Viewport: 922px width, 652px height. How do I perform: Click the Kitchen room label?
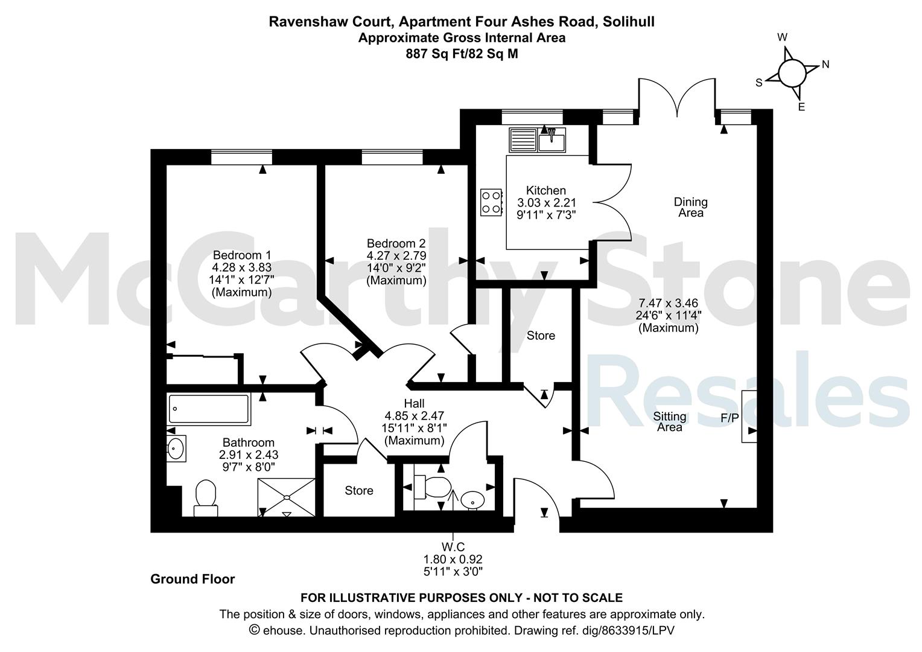(546, 190)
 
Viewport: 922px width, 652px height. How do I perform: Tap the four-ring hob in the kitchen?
(491, 202)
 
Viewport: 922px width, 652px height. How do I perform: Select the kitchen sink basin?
(552, 141)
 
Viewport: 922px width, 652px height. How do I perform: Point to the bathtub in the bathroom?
(209, 409)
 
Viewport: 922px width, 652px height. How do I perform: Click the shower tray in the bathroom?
(287, 497)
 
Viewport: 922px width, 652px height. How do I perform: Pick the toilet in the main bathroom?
(206, 498)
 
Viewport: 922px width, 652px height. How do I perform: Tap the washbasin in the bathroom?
(176, 448)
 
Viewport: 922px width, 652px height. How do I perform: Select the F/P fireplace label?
(730, 418)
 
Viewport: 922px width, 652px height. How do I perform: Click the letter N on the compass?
(825, 64)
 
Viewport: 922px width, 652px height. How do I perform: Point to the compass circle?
(792, 73)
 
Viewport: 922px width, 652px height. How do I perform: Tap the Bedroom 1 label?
(241, 255)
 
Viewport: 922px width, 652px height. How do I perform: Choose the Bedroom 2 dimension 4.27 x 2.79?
(396, 256)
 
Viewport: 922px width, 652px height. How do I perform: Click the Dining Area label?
(691, 207)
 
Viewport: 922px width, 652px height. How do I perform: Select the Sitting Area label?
(670, 422)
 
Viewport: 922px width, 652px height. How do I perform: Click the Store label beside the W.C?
(359, 491)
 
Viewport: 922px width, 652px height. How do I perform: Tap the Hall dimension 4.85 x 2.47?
(414, 416)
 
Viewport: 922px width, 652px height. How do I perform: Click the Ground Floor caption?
(192, 579)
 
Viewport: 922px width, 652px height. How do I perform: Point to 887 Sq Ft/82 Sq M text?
(462, 54)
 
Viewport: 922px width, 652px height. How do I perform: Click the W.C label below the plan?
(453, 547)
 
